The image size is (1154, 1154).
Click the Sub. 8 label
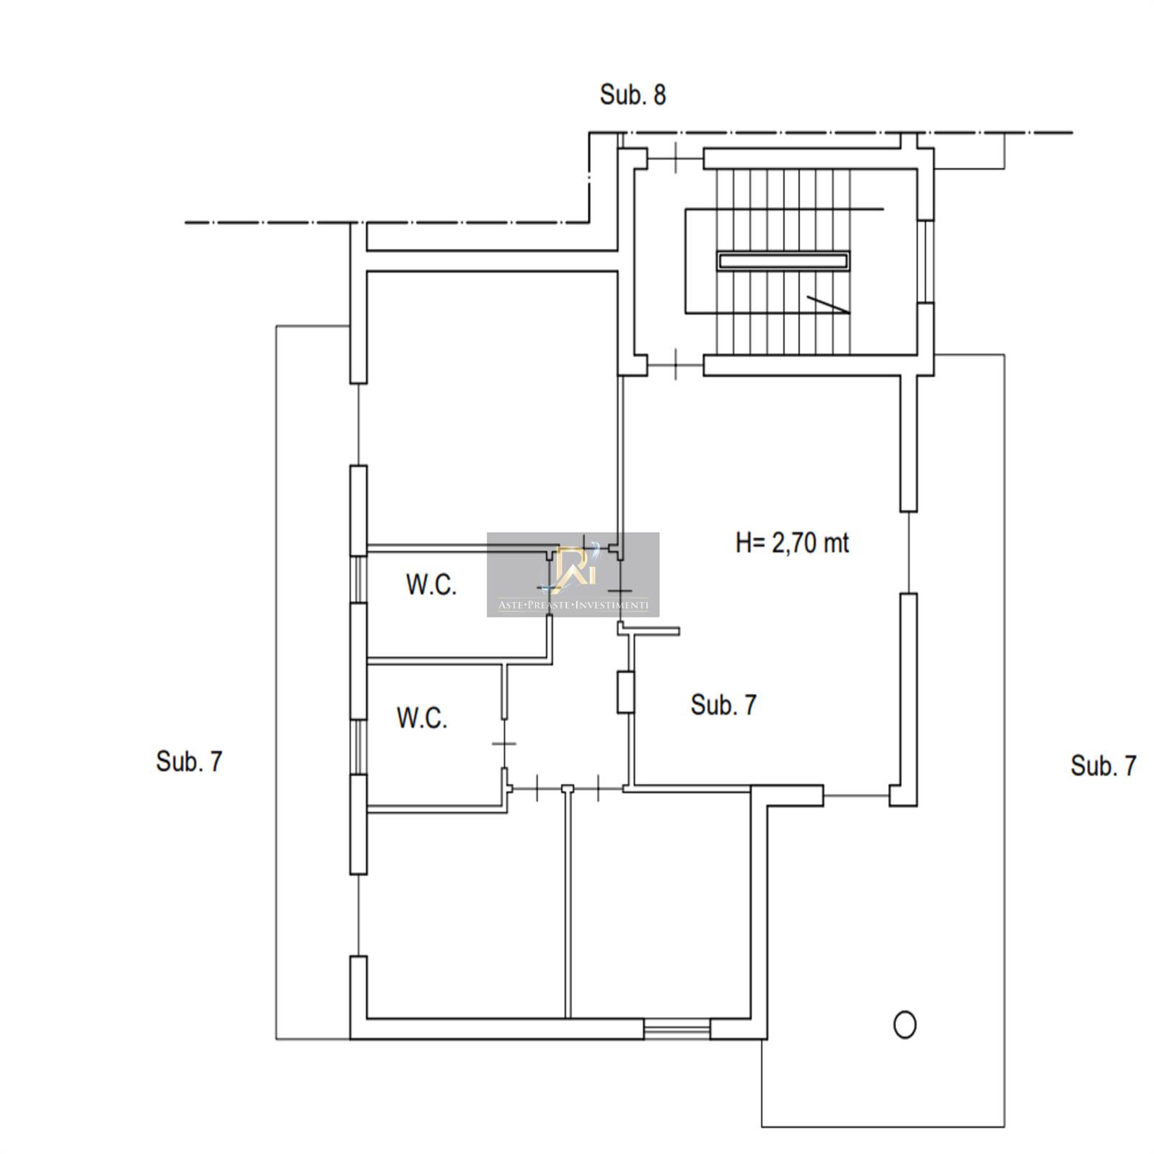tap(633, 94)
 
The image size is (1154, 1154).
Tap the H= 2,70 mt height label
tap(792, 542)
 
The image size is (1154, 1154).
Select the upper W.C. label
tap(431, 584)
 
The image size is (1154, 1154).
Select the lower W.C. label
tap(422, 718)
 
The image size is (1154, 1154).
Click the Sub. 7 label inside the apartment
tap(723, 705)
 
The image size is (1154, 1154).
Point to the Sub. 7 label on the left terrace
tap(189, 762)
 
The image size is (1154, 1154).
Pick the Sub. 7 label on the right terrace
tap(1104, 765)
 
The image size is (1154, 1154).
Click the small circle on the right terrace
tap(904, 1024)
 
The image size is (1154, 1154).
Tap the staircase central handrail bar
tap(783, 260)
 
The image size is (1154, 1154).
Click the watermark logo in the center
tap(573, 574)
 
